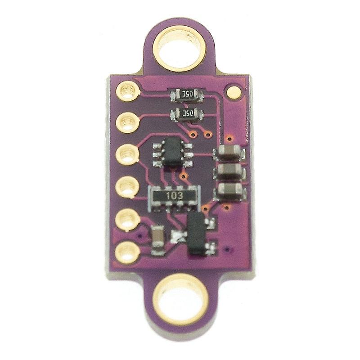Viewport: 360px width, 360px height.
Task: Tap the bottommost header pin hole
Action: coord(126,251)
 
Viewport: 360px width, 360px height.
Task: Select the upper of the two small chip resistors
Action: coord(186,94)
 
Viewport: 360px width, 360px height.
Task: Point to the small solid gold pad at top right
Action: coord(234,92)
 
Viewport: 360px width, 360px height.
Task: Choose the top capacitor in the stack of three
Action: coord(231,153)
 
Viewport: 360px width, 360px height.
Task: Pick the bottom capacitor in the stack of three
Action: coord(230,190)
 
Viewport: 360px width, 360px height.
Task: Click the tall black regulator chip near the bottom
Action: coord(196,234)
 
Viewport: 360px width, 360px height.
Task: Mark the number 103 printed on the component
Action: coord(173,196)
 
